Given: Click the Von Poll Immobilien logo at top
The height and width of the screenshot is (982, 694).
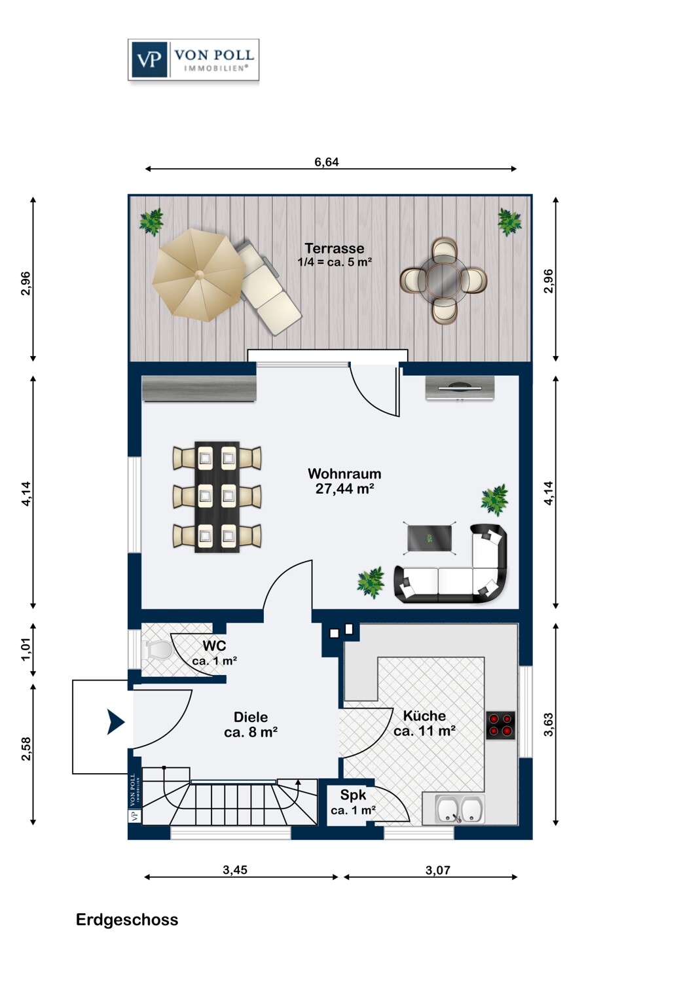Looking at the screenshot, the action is click(193, 60).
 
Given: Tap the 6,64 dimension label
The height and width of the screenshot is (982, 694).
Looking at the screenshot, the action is click(327, 162).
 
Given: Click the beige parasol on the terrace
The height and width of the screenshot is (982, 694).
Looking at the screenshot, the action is click(199, 275).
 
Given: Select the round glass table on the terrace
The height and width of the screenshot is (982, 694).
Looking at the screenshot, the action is click(443, 281).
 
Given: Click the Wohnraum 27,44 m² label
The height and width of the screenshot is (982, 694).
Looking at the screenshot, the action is click(344, 481).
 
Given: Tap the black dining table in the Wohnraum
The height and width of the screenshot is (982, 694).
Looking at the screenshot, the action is click(217, 497).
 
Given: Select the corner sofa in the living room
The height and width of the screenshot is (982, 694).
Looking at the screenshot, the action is click(451, 565).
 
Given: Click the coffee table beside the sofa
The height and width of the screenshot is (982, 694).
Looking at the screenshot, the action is click(429, 538).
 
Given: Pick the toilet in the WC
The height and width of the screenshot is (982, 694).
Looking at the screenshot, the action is click(156, 649).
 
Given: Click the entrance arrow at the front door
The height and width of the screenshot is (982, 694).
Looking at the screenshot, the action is click(116, 722).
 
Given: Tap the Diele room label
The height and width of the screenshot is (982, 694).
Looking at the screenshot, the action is click(251, 724).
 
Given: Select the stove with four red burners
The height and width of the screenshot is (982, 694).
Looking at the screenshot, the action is click(500, 725).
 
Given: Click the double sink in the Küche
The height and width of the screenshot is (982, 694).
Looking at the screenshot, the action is click(460, 809).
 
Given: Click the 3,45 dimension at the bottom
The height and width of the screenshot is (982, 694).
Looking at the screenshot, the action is click(235, 870).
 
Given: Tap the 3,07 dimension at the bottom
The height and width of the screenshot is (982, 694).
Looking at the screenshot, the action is click(438, 870).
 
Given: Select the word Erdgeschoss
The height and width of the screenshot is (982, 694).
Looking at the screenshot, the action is click(127, 920).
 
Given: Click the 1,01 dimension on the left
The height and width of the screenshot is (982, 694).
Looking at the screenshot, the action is click(26, 649).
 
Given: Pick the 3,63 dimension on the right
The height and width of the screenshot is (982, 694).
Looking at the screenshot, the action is click(549, 725).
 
